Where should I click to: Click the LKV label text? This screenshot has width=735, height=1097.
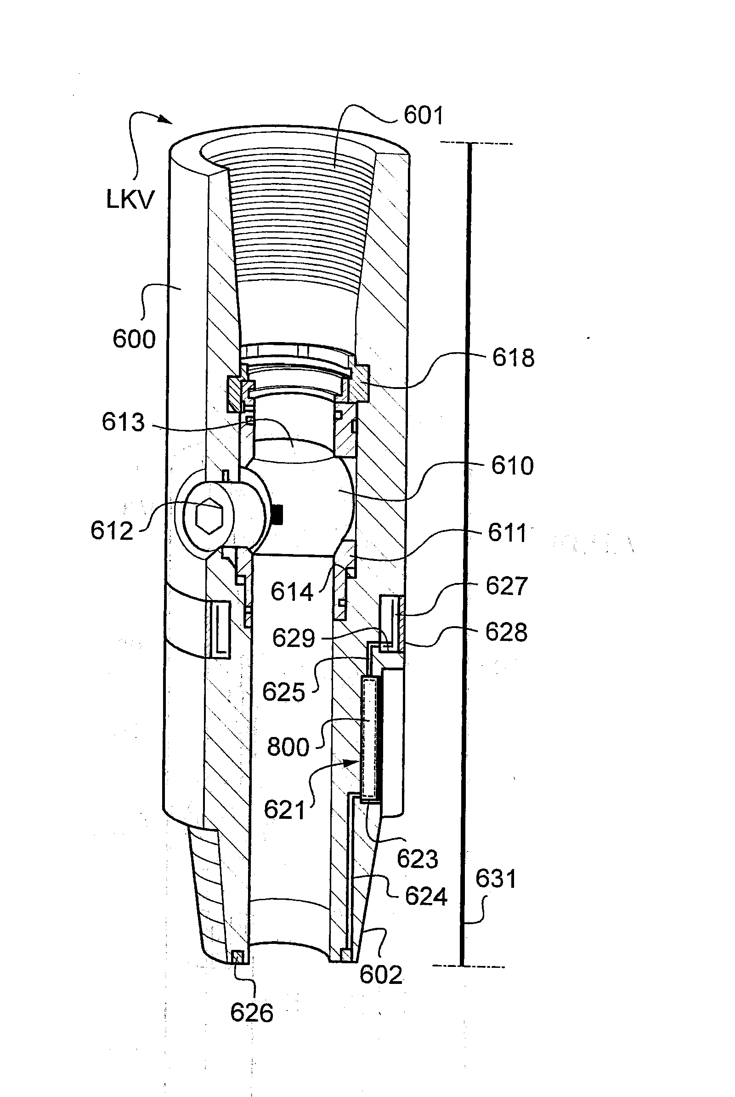coord(130,200)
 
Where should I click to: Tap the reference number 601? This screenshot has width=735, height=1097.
coord(423,115)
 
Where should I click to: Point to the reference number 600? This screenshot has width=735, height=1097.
coord(134,339)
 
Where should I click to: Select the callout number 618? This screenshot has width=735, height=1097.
coord(513,358)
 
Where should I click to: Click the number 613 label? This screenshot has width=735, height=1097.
coord(123,422)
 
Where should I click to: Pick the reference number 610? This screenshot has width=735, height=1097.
coord(512,466)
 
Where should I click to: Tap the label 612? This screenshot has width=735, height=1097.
coord(112,531)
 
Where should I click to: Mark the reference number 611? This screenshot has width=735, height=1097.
coord(507,533)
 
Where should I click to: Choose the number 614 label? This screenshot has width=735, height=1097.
coord(292,592)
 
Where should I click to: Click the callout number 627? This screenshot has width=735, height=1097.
coord(507,586)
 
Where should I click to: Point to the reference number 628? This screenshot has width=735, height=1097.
coord(506,632)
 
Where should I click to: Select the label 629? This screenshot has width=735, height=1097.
coord(294,638)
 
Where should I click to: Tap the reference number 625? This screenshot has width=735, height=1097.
coord(283,692)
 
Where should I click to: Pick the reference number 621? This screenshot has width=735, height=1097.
coord(284,810)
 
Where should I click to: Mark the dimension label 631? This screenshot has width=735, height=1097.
coord(496,879)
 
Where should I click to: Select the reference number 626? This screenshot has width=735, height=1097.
coord(252,1013)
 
